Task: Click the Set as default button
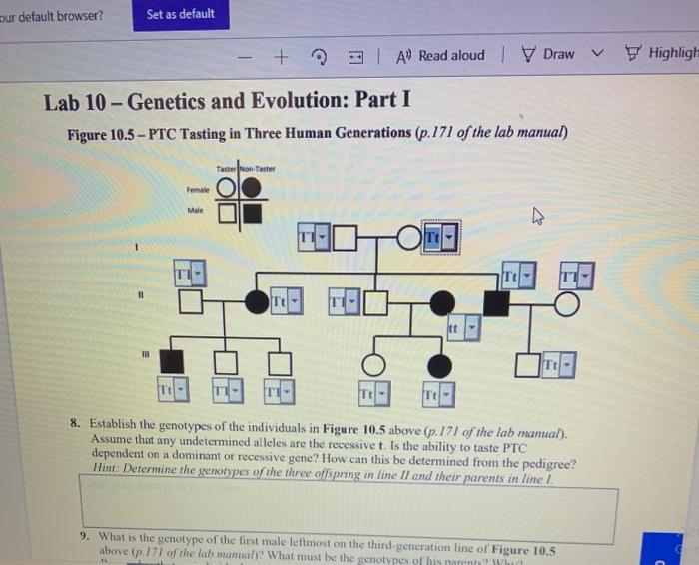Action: (x=180, y=15)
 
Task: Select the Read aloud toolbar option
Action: (x=441, y=56)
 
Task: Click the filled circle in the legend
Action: (x=252, y=189)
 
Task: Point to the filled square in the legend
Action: (x=252, y=213)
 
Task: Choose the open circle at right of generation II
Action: (x=566, y=303)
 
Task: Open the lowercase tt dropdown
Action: (x=462, y=326)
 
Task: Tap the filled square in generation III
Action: (x=172, y=361)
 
